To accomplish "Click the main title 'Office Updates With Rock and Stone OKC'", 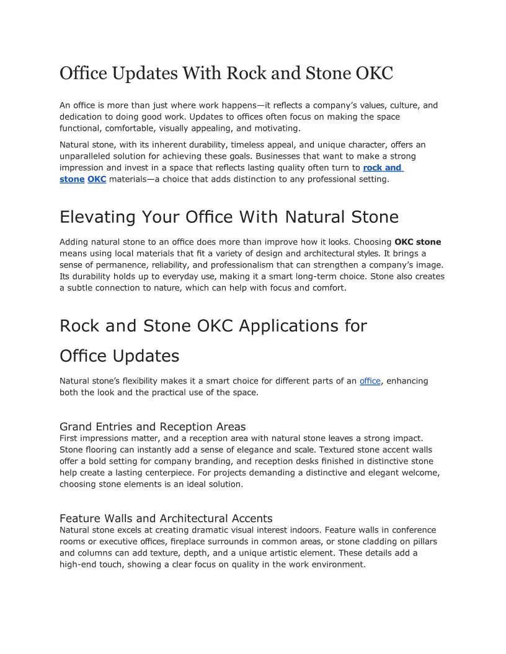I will click(x=226, y=74).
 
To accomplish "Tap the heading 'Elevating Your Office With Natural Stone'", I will click(x=229, y=217).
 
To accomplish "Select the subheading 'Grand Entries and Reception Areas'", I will click(x=153, y=427).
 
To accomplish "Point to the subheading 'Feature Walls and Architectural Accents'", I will click(x=166, y=518).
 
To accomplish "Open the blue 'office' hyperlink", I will click(x=370, y=381).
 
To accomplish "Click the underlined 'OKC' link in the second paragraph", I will click(x=97, y=179).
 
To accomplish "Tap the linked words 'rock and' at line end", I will click(x=382, y=168).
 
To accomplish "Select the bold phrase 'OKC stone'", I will click(x=417, y=242).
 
